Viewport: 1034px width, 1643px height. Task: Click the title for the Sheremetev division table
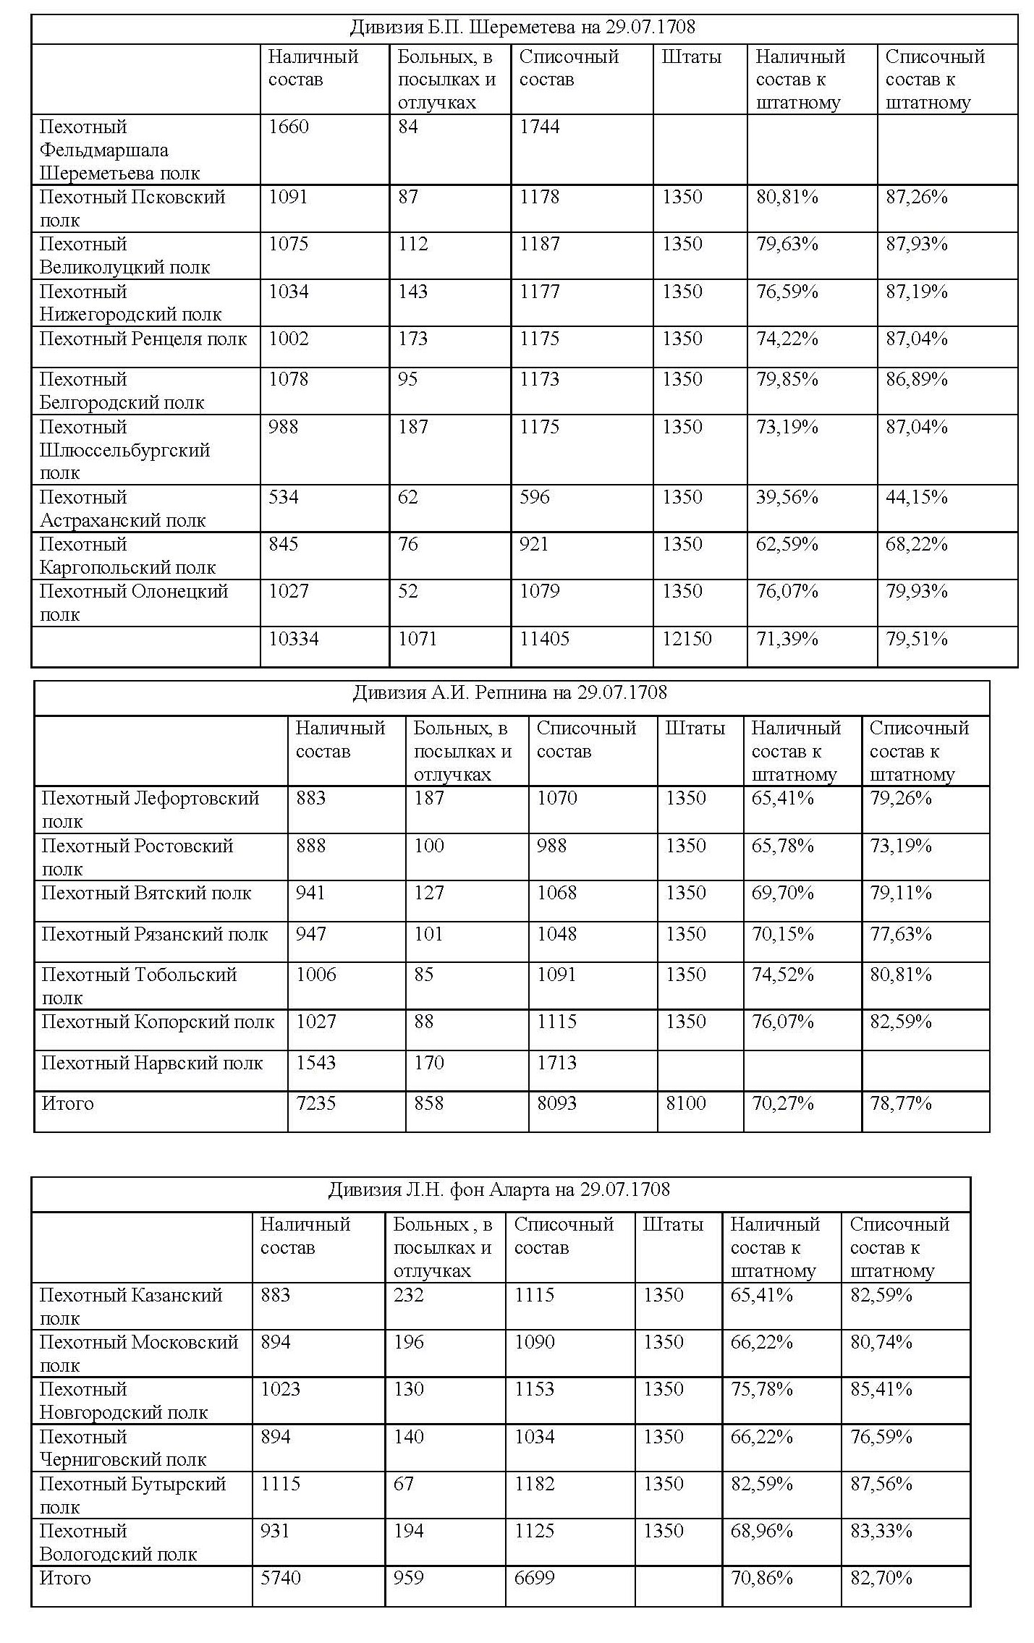(x=522, y=27)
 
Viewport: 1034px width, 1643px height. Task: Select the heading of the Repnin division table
(x=509, y=692)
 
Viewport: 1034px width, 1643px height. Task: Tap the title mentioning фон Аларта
(x=499, y=1189)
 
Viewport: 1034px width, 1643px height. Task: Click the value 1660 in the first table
(x=288, y=127)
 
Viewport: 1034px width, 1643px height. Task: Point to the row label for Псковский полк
(x=132, y=208)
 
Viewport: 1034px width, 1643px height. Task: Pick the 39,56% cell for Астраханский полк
(x=787, y=497)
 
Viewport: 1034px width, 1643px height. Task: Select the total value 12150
(x=686, y=639)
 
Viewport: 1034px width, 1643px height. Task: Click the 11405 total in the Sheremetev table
(x=544, y=639)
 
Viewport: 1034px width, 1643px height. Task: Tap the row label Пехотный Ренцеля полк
(x=143, y=339)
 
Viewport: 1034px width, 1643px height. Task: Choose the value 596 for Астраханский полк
(x=534, y=497)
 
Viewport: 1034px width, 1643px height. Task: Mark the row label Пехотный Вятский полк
(x=145, y=893)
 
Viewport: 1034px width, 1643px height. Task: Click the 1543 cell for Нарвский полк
(x=315, y=1063)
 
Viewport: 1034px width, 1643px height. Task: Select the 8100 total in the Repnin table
(x=685, y=1103)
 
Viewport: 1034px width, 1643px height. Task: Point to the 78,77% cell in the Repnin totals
(x=900, y=1103)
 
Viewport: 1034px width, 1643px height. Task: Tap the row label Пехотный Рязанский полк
(x=154, y=934)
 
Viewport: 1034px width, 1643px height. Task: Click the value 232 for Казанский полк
(x=408, y=1294)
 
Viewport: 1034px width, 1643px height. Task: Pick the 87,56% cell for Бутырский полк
(x=881, y=1483)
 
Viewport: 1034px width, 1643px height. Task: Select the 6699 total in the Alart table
(x=534, y=1578)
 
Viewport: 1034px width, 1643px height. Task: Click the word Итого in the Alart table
(x=65, y=1578)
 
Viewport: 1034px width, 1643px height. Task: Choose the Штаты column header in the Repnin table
(x=695, y=728)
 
